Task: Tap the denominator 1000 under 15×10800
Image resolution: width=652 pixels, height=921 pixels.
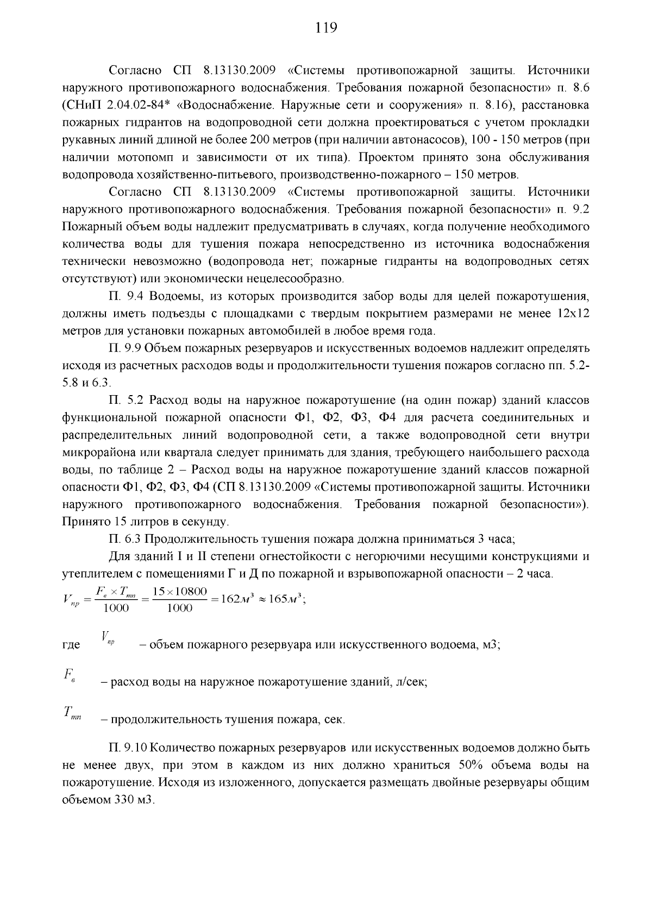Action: coord(179,608)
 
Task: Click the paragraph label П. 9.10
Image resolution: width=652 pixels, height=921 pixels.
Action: coord(128,748)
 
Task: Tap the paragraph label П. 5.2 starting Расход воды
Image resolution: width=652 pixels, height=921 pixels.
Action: coord(125,401)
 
